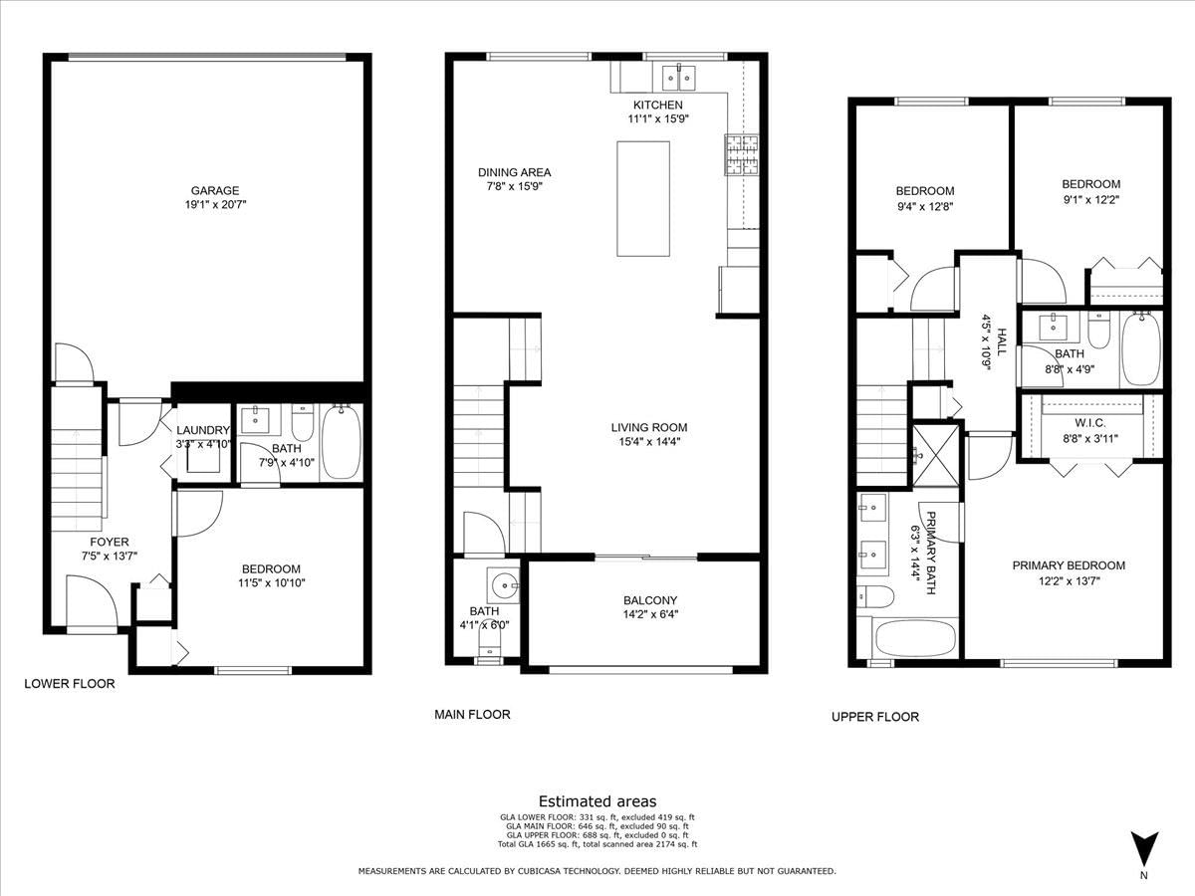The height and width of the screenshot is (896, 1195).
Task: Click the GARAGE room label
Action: (x=215, y=190)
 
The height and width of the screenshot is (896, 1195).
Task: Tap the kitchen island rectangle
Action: (x=643, y=198)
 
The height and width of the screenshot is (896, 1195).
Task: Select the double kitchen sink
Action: (x=679, y=79)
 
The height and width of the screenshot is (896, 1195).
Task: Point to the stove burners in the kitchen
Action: (x=741, y=154)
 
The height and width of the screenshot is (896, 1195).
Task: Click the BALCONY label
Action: (x=650, y=600)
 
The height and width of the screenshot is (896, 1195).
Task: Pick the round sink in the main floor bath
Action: (x=504, y=585)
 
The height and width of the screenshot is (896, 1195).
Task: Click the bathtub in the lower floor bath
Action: (x=342, y=442)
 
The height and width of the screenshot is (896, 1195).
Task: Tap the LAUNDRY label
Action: (x=203, y=430)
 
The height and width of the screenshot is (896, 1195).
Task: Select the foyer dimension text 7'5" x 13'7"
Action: (x=110, y=556)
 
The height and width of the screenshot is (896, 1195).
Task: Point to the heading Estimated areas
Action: (x=597, y=801)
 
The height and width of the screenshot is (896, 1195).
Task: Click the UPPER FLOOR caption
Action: (x=875, y=717)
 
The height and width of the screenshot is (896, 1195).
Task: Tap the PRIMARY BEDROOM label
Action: (x=1069, y=565)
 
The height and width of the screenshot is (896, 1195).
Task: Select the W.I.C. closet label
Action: (x=1089, y=423)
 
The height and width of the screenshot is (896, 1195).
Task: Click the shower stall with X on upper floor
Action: (x=935, y=455)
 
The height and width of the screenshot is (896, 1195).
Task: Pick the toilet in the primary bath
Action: (x=875, y=596)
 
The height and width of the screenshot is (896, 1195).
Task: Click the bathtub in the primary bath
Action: (x=915, y=638)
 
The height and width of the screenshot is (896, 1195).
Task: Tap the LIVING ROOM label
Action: (x=649, y=427)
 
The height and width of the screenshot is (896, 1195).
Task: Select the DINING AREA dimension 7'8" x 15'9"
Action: (x=515, y=186)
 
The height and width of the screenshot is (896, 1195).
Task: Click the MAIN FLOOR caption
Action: (x=472, y=714)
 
